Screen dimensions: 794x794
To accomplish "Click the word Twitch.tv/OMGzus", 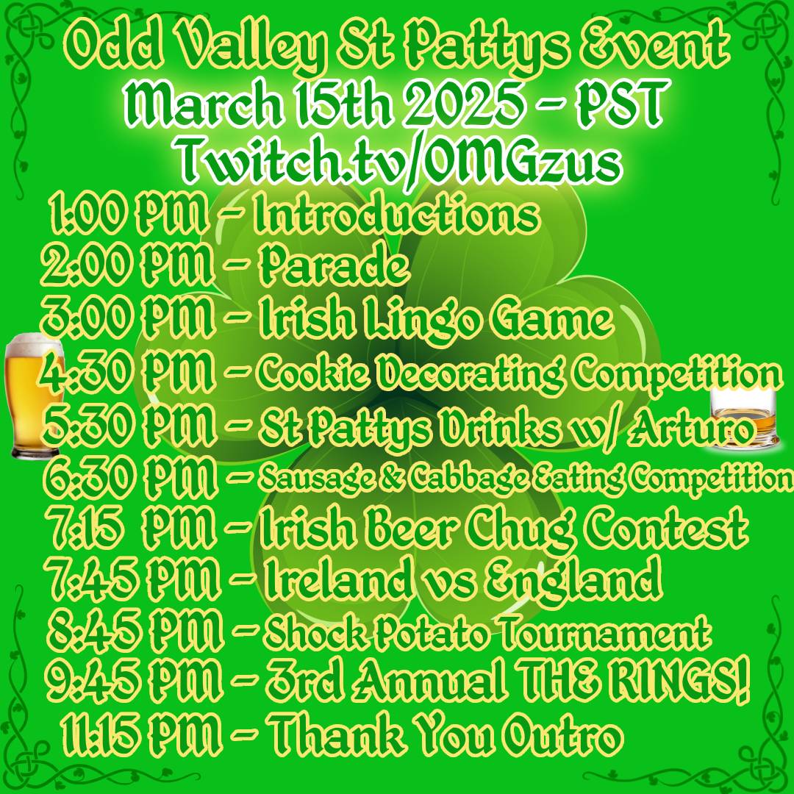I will pos(399,163).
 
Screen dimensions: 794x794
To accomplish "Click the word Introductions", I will pos(397,215).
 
